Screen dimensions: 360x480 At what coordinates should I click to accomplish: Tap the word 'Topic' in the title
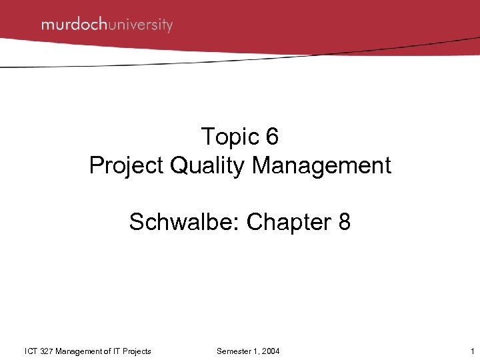point(228,137)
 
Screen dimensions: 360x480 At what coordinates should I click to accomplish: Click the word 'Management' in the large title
point(321,166)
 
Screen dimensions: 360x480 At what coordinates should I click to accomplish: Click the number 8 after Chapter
point(344,222)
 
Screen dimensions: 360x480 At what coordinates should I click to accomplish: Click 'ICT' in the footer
point(31,351)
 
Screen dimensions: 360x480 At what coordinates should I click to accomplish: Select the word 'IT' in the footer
point(120,351)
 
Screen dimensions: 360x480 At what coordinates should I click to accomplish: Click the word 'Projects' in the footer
point(139,351)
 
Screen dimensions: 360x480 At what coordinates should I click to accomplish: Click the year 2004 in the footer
point(271,351)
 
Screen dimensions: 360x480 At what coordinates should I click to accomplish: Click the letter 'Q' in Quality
point(179,166)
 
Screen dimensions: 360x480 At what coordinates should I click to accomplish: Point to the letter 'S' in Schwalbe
point(136,222)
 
